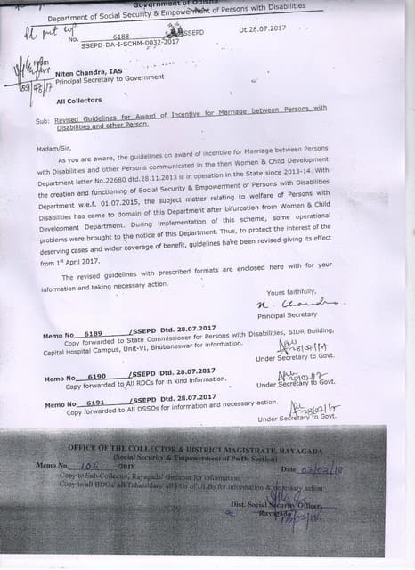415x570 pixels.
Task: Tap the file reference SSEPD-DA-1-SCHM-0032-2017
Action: (132, 42)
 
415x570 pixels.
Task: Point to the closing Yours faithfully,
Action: (291, 292)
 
